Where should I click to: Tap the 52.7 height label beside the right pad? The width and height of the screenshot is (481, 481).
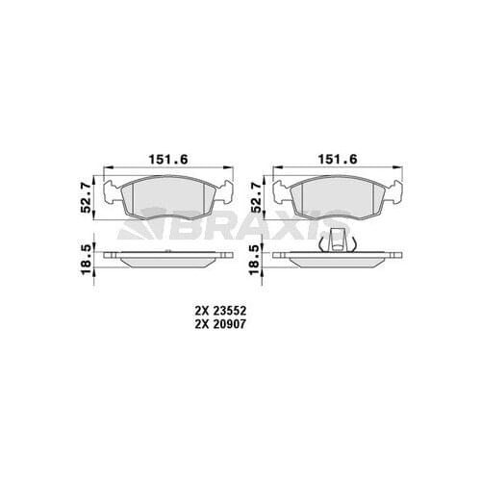[x=256, y=194]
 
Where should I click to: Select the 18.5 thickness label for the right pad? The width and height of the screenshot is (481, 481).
[x=256, y=257]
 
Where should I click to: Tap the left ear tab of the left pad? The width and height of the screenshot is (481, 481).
[x=116, y=189]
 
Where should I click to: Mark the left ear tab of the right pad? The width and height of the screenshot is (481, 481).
[x=281, y=189]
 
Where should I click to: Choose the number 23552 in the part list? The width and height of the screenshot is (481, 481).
[x=236, y=311]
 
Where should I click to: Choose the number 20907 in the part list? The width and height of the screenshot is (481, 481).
[x=236, y=326]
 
